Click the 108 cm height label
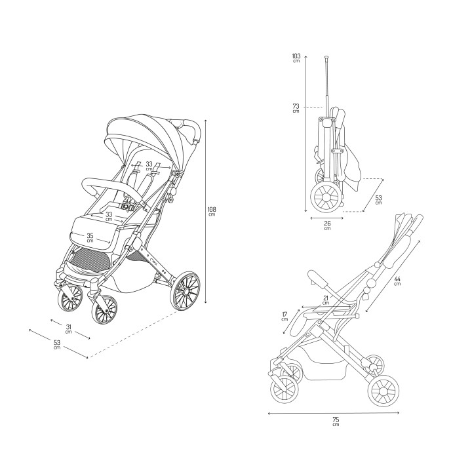click(212, 211)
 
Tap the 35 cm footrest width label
click(90, 238)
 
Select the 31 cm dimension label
click(69, 328)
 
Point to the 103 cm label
click(296, 58)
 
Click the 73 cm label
click(296, 108)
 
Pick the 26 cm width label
click(328, 226)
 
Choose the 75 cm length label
click(336, 422)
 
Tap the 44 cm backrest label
click(397, 281)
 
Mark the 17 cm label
click(285, 317)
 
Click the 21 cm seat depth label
click(326, 300)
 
